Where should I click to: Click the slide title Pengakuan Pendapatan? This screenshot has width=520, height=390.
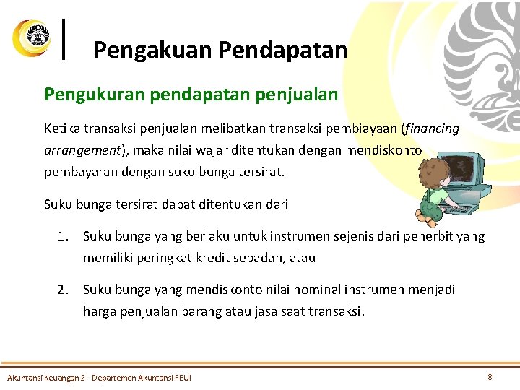220,50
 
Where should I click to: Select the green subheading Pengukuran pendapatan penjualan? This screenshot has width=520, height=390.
191,94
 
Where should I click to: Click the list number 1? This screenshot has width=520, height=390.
64,236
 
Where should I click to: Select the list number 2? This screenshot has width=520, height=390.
64,290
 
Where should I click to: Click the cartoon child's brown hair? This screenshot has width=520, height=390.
433,173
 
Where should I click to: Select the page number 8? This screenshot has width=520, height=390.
490,376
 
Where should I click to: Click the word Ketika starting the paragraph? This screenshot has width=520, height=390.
63,129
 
